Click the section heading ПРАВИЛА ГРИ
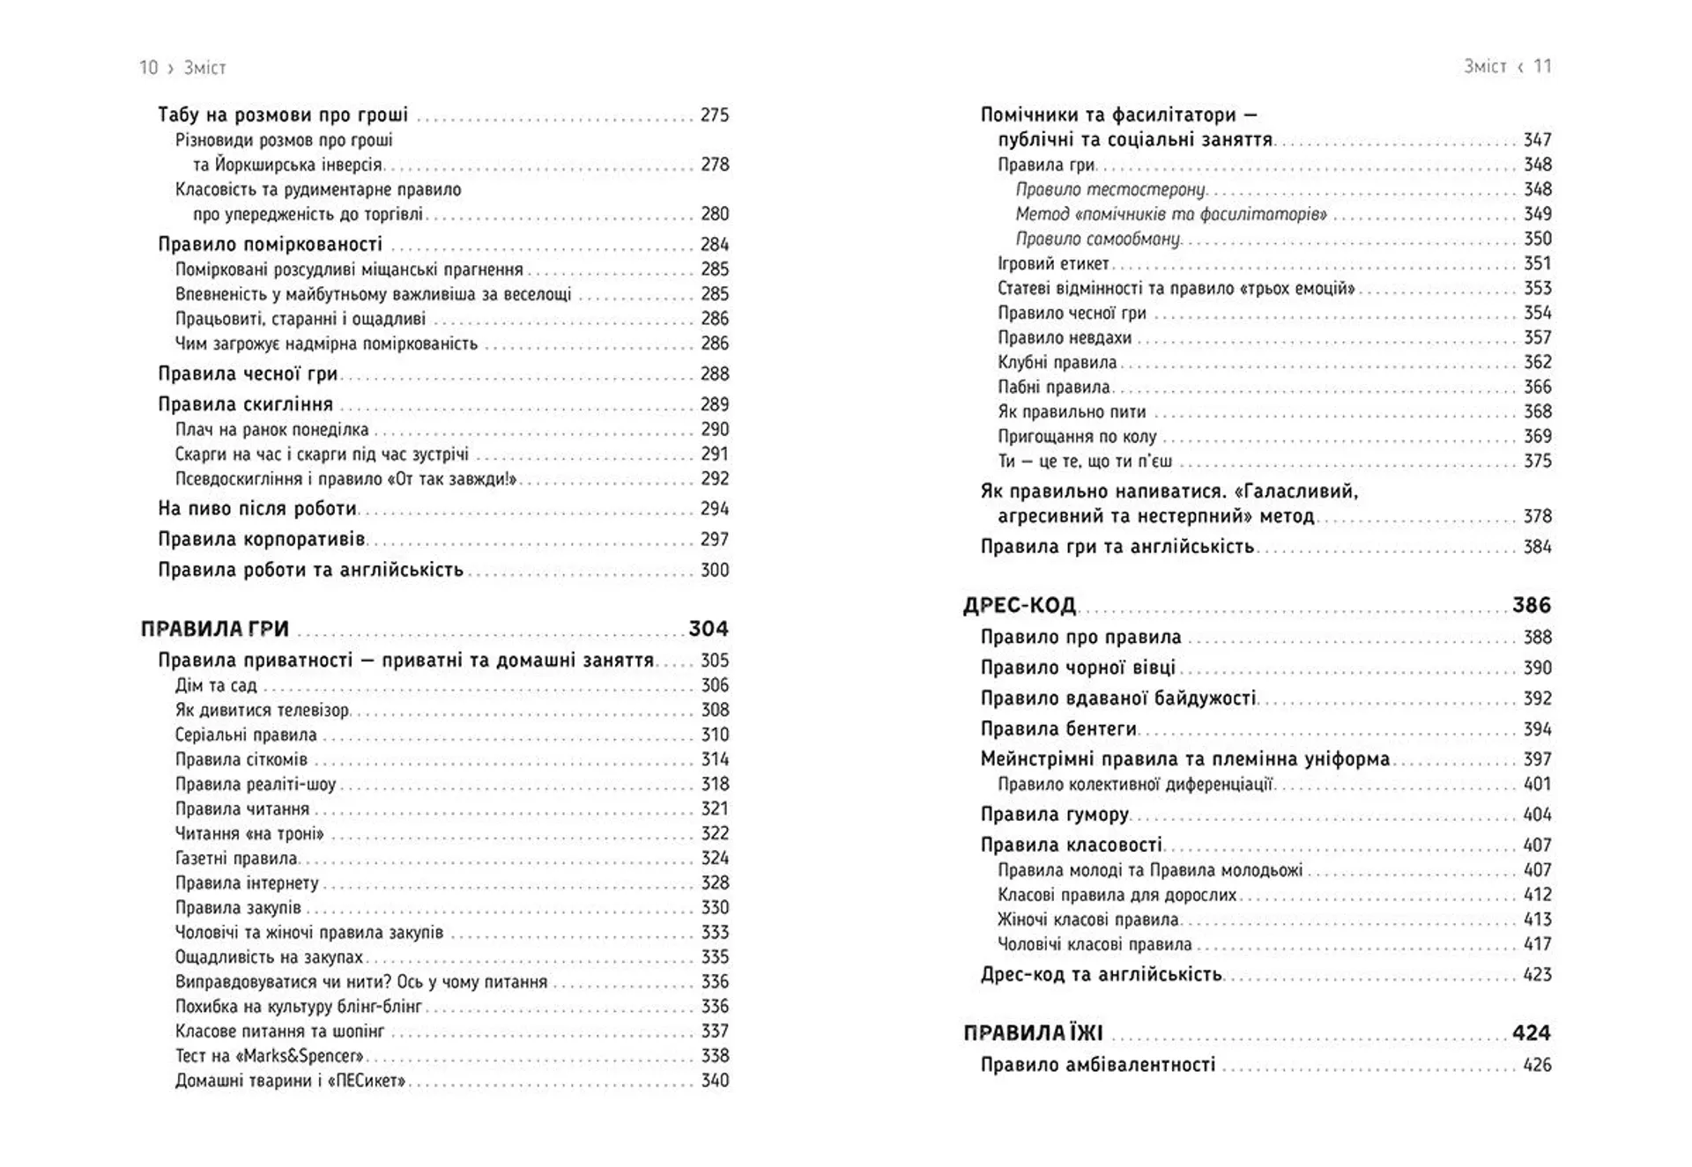215,629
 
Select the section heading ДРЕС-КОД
1020,605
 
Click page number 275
715,115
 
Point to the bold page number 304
709,629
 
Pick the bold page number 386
1532,605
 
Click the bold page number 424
1532,1033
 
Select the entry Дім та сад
216,685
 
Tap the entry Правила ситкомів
241,759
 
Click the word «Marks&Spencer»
301,1056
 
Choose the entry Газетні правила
236,858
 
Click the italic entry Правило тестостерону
1110,189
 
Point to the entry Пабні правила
1054,387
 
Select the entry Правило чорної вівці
1079,668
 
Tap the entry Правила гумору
1055,815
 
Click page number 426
1537,1065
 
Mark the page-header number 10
149,68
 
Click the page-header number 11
1542,66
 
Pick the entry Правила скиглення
246,404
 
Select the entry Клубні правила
1057,362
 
